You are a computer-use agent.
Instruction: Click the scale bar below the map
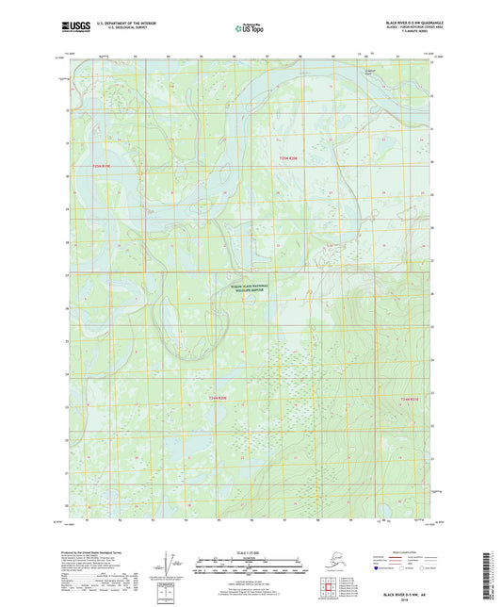click(x=250, y=568)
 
